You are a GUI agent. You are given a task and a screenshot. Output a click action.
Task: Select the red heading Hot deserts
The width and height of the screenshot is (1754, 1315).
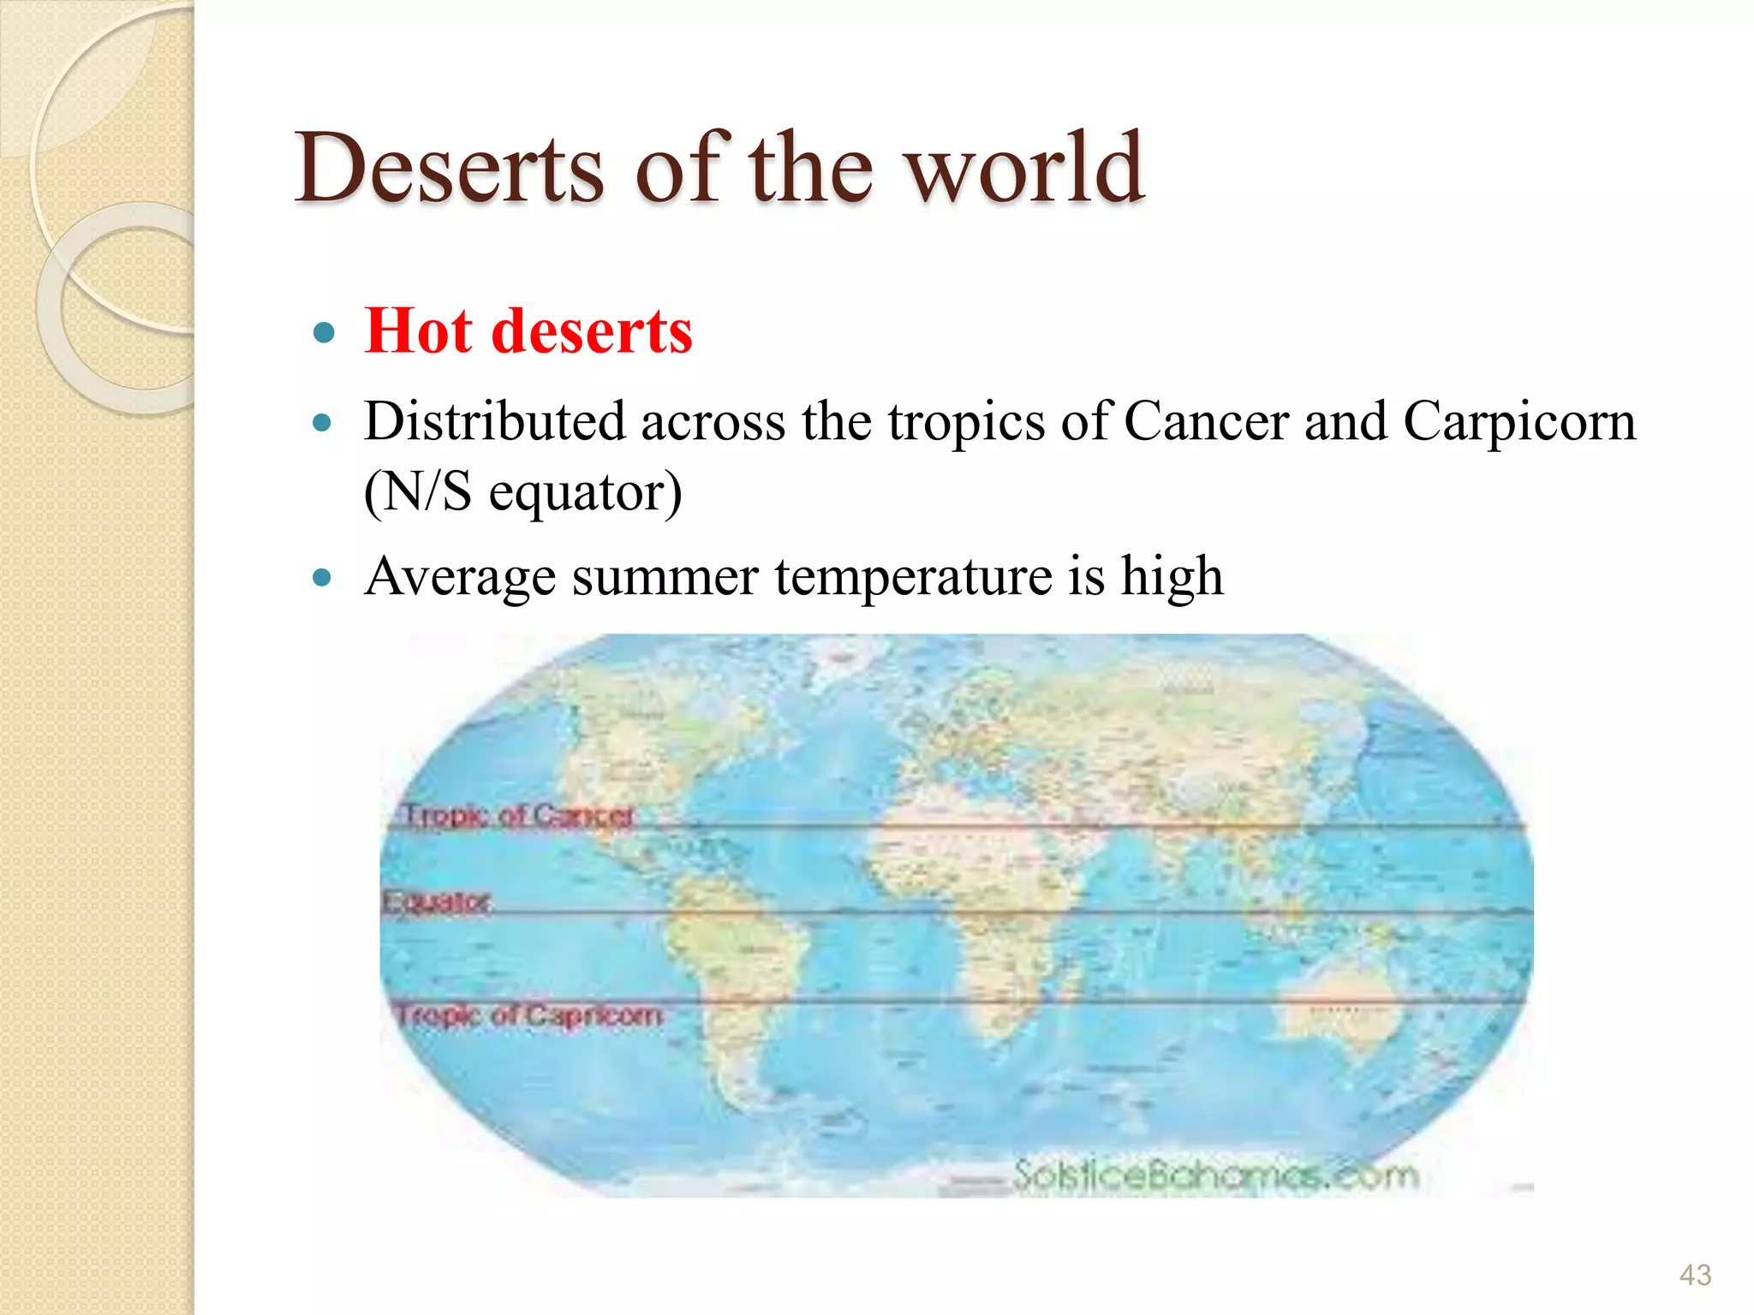(x=528, y=331)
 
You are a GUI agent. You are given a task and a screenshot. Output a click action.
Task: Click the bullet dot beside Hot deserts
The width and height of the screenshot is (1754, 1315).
(x=323, y=332)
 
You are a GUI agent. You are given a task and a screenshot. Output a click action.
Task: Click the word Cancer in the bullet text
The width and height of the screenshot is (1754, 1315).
(x=1206, y=421)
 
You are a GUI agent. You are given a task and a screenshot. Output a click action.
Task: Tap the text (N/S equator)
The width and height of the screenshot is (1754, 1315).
(x=522, y=491)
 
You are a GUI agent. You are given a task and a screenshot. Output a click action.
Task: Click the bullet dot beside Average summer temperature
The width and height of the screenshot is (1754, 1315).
(x=323, y=577)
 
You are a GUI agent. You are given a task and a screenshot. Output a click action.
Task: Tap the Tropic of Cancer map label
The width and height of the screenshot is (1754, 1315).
(x=518, y=815)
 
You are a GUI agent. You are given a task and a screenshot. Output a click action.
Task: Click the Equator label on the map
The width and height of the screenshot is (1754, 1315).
(x=437, y=901)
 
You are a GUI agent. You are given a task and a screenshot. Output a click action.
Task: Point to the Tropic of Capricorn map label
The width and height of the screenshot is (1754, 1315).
(x=529, y=1015)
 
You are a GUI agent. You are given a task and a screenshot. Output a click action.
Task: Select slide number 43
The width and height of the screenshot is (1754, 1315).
(x=1695, y=1275)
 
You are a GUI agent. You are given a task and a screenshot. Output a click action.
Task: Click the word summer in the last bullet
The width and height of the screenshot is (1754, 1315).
(x=665, y=575)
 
